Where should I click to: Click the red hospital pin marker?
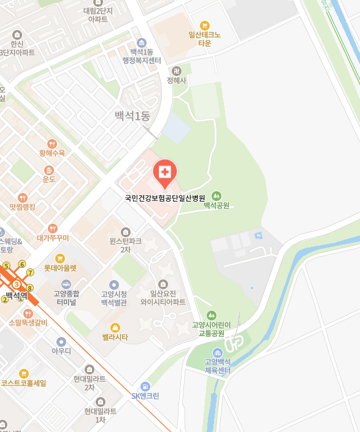pos(164,172)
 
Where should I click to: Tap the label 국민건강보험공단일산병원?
pos(164,198)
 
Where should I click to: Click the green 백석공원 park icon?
pos(216,195)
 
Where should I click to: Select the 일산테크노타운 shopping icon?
pos(204,25)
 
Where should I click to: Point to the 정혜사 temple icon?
pos(177,70)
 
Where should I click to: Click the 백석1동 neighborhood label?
pos(132,116)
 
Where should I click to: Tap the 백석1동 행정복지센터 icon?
pos(142,42)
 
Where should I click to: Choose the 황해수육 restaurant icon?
pos(52,143)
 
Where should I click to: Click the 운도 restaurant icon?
pos(49,169)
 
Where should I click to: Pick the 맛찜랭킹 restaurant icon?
pos(22,197)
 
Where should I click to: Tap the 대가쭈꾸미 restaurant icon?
pos(53,228)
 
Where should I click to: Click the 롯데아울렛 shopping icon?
pos(60,258)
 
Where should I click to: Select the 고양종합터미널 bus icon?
pos(66,284)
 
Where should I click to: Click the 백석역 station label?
pos(17,296)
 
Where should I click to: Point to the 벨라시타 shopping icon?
pos(115,327)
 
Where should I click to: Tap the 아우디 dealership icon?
pos(61,341)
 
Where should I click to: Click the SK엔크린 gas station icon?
pos(145,386)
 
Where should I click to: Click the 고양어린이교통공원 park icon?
pos(212,315)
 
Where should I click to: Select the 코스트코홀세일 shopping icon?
pos(23,373)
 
